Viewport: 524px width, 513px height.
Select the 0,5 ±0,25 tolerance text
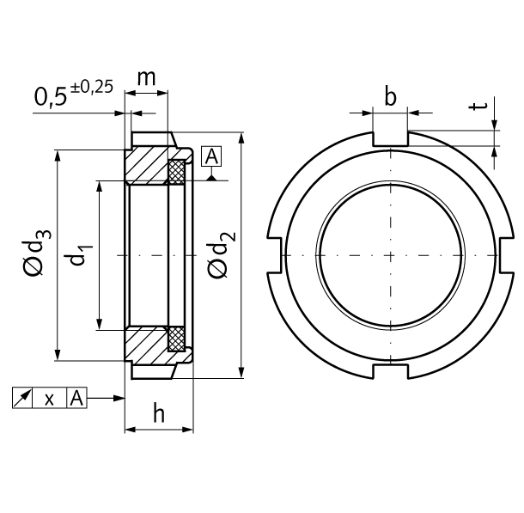point(74,95)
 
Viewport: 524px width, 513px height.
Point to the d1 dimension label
point(81,255)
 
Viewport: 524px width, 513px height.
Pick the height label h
point(159,413)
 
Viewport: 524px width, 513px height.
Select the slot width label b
point(391,96)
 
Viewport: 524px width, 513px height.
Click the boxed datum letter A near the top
point(211,156)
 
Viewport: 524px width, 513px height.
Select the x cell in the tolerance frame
point(50,398)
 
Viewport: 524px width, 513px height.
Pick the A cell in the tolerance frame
point(76,398)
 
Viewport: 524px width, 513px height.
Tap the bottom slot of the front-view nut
point(391,371)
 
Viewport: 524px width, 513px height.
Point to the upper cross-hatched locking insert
point(178,170)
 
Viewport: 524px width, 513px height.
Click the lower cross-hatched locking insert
point(178,339)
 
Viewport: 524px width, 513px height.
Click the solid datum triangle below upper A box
point(211,177)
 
